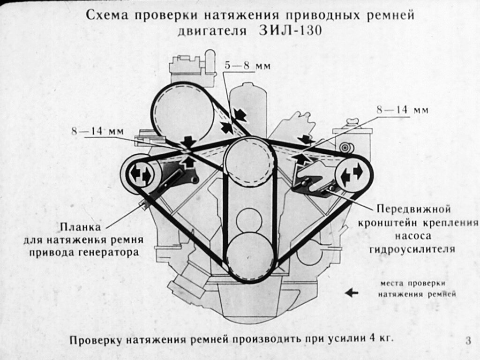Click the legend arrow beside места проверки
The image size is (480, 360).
point(351,293)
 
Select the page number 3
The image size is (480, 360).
point(468,341)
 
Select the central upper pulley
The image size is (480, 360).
point(249,161)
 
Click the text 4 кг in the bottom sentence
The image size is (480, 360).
point(380,339)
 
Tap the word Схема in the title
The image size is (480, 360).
point(107,15)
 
